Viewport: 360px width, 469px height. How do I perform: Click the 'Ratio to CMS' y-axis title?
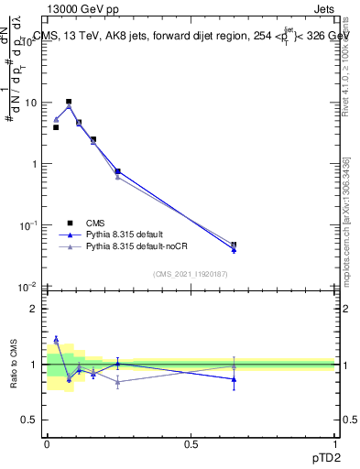(14, 364)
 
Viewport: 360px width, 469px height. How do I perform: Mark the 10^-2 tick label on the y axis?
(27, 287)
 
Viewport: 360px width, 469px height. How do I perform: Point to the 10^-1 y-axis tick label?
(27, 225)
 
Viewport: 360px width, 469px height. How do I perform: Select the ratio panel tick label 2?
(33, 309)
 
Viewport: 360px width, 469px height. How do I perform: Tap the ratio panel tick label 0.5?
(29, 420)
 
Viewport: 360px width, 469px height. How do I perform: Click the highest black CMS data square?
(69, 102)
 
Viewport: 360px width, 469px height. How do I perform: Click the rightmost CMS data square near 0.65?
(234, 245)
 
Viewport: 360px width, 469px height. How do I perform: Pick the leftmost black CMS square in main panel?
(56, 127)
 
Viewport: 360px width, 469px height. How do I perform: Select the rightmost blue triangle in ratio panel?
(234, 378)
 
